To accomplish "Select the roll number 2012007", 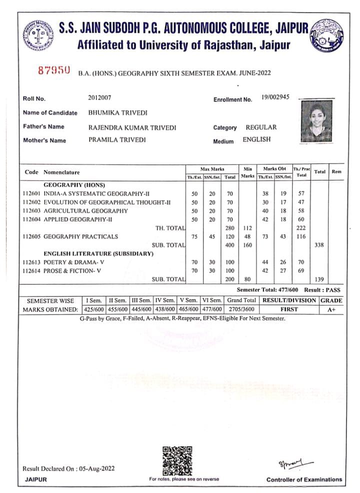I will point(100,97).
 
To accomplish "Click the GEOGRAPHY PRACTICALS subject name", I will point(81,236).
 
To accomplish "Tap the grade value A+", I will point(331,309).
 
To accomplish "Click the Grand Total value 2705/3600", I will point(241,309).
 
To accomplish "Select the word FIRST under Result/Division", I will point(289,309).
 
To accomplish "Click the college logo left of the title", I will point(37,35).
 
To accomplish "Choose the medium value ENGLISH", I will point(256,139).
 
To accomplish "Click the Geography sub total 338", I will point(318,245).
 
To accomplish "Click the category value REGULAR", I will point(261,127).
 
